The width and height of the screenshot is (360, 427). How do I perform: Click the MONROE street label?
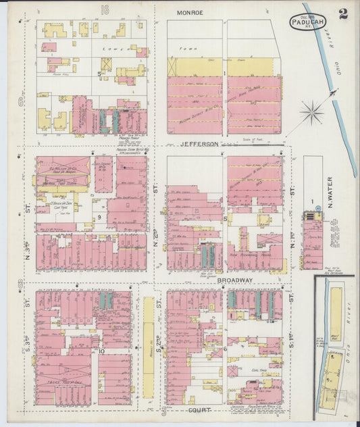[x=190, y=13]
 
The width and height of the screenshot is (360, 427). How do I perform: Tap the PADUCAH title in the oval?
[x=308, y=23]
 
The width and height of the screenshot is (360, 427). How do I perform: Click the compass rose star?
[x=311, y=111]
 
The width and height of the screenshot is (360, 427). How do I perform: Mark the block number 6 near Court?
[x=224, y=348]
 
